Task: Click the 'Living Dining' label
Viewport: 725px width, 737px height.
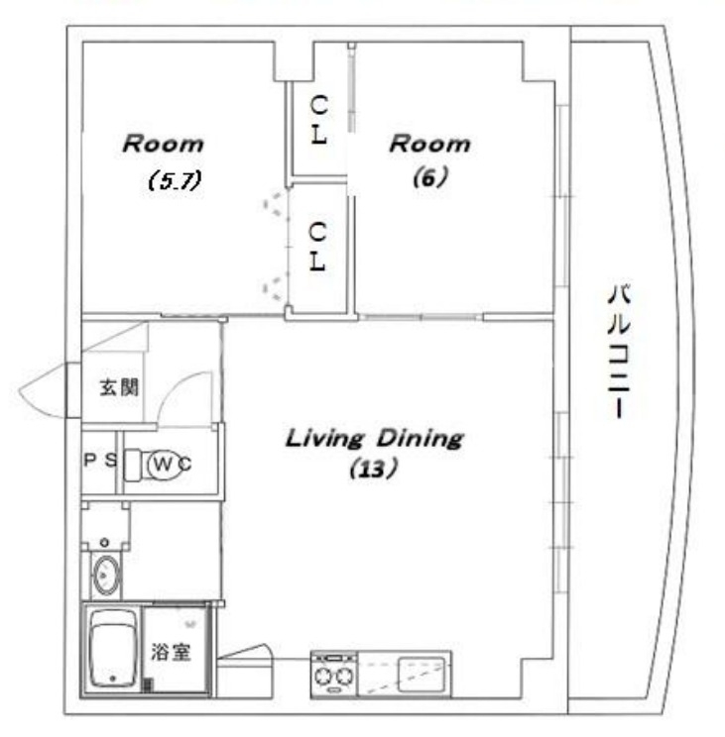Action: pyautogui.click(x=374, y=438)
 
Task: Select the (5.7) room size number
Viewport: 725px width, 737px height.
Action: pyautogui.click(x=175, y=181)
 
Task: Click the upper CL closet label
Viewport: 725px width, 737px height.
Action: pyautogui.click(x=318, y=119)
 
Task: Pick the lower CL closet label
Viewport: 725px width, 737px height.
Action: pyautogui.click(x=318, y=249)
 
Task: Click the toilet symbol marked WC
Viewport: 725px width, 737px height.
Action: pyautogui.click(x=165, y=463)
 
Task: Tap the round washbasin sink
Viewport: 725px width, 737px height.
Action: pyautogui.click(x=105, y=575)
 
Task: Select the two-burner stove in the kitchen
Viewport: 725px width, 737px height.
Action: pyautogui.click(x=334, y=677)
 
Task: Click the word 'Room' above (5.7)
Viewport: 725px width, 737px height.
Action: pyautogui.click(x=163, y=144)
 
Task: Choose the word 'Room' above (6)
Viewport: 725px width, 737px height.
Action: pyautogui.click(x=429, y=144)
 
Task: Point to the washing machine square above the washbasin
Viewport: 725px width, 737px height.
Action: pyautogui.click(x=105, y=524)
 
